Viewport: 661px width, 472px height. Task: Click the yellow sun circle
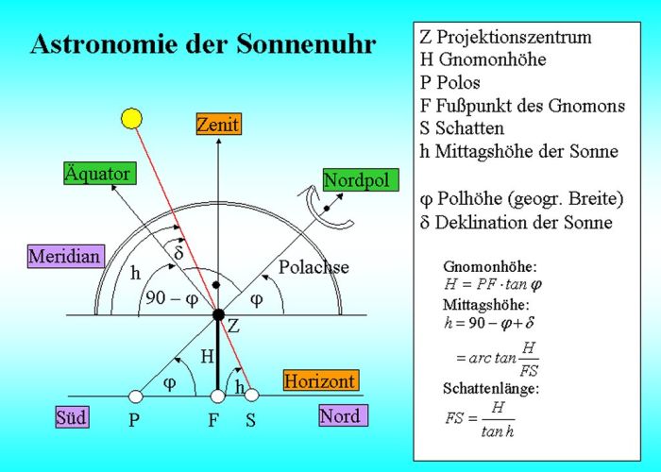tap(131, 118)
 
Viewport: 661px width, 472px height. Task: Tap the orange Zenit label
tap(218, 124)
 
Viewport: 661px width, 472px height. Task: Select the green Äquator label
tap(97, 174)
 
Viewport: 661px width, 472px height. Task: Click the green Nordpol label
tap(355, 179)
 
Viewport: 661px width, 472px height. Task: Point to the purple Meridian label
tap(64, 256)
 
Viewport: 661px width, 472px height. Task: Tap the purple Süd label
tap(72, 416)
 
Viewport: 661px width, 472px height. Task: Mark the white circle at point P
tap(135, 396)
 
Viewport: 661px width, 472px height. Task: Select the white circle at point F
tap(218, 396)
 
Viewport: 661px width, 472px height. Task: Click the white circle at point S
tap(252, 396)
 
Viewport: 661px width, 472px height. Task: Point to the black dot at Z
tap(218, 314)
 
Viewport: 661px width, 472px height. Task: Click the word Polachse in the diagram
tap(314, 267)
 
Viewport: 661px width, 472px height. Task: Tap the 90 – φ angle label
tap(172, 300)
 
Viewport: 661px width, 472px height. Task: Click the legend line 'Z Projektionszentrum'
tap(505, 38)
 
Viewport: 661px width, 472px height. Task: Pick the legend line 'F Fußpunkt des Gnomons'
tap(520, 105)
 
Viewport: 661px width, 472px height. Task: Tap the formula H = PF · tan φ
tap(491, 283)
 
